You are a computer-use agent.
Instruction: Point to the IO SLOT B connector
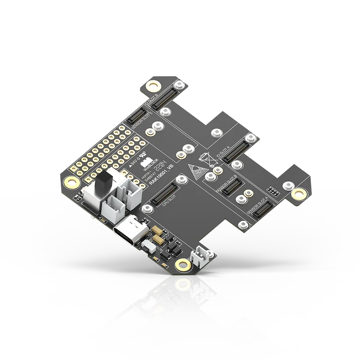pyautogui.click(x=167, y=94)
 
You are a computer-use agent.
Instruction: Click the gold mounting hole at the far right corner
pyautogui.click(x=298, y=193)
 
